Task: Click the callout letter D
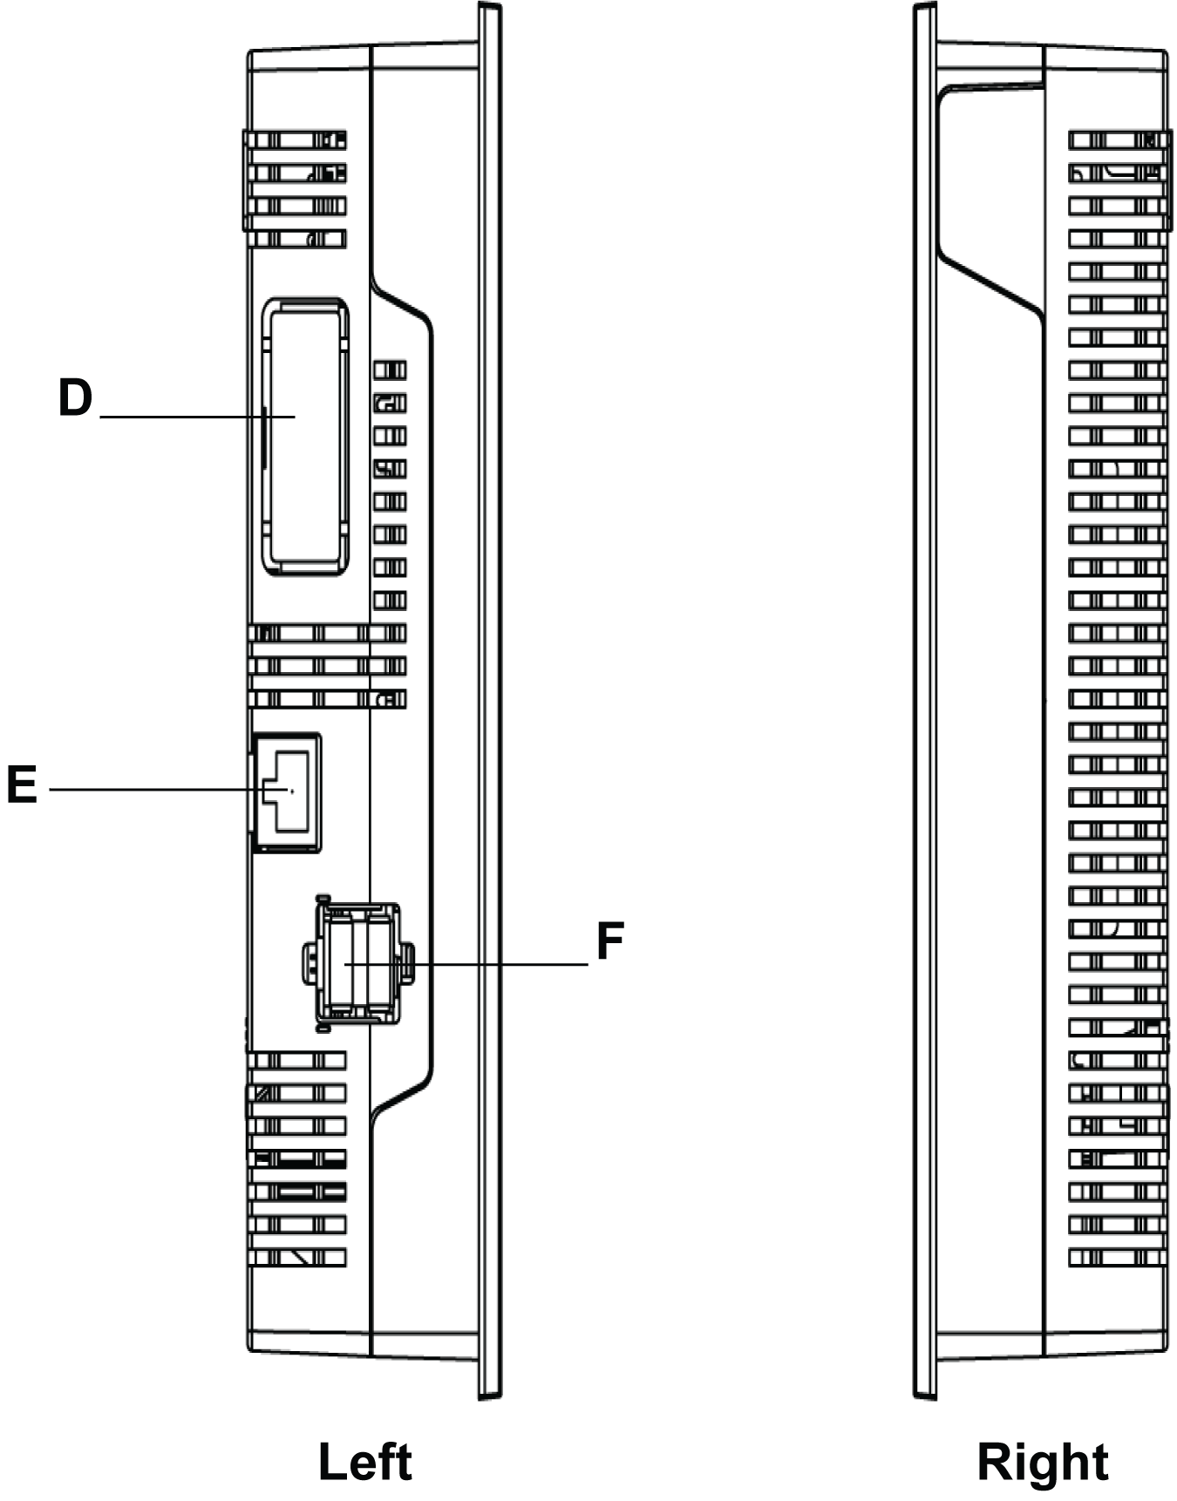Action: pos(75,397)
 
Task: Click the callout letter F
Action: pos(610,941)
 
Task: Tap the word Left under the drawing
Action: pos(364,1463)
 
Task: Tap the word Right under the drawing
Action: pos(1042,1463)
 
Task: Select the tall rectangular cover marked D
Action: pos(305,436)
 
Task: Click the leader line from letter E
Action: pos(148,790)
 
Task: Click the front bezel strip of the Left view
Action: pos(490,697)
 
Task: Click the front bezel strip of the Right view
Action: pos(924,697)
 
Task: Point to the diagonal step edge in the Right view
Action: pos(990,283)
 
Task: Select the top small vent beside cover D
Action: pos(391,370)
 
